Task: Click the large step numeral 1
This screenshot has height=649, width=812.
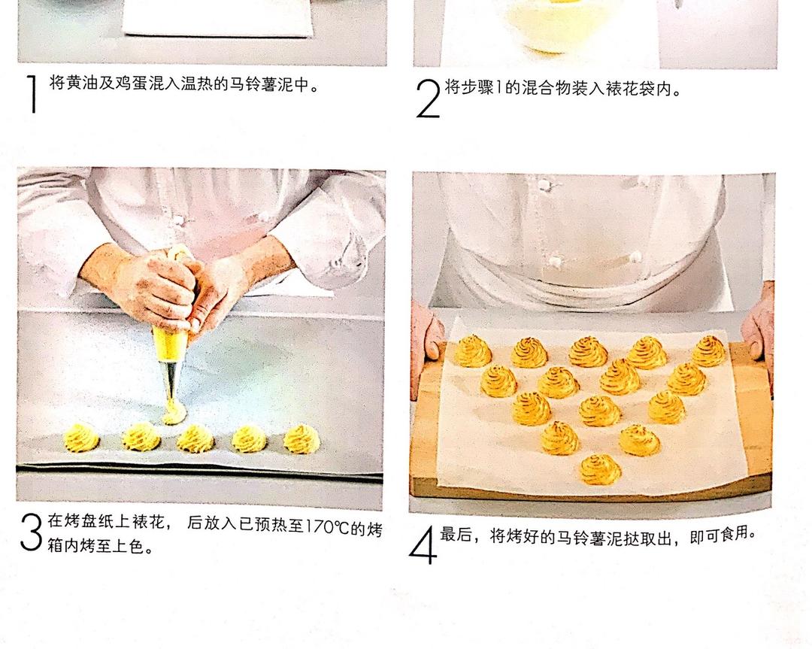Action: tap(32, 94)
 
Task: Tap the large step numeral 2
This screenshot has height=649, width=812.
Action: tap(429, 99)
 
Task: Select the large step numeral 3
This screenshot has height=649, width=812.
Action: tap(31, 532)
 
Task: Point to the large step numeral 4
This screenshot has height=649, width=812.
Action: tap(423, 544)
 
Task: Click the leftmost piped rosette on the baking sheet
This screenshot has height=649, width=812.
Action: tap(80, 438)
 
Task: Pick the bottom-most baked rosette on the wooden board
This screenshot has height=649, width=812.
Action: tap(600, 469)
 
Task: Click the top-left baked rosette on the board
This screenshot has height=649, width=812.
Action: tap(472, 350)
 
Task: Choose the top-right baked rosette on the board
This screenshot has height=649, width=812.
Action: tap(708, 350)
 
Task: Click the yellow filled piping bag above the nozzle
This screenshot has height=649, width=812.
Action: tap(170, 344)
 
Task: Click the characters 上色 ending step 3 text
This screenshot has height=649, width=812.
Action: tap(128, 545)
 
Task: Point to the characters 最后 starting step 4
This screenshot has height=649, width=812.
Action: tap(456, 535)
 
